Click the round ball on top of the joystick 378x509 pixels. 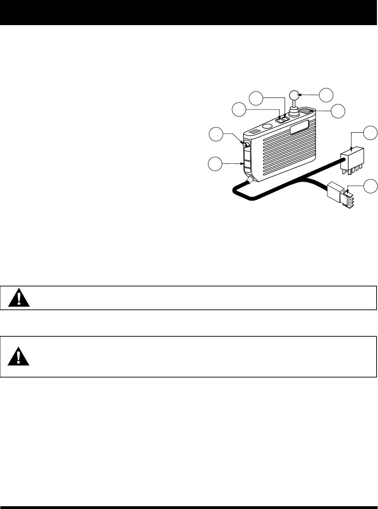point(295,95)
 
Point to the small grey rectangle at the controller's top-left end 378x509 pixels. point(255,132)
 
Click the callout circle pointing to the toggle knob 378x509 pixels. point(216,135)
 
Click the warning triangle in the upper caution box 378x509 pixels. point(19,298)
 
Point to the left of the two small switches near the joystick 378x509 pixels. point(280,120)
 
